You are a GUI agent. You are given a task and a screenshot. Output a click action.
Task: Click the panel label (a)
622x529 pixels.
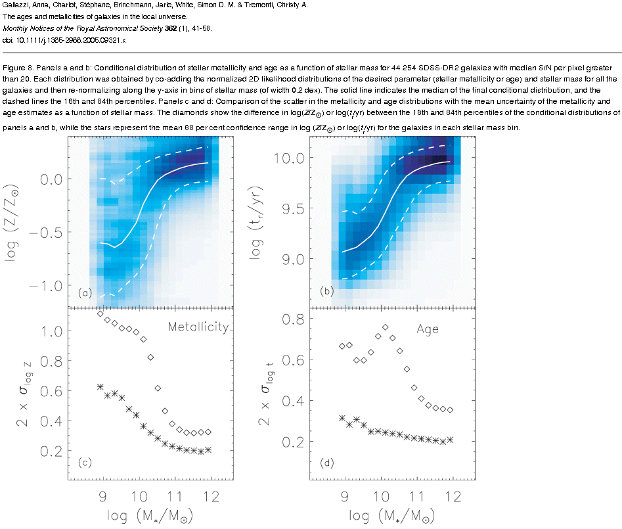coord(84,293)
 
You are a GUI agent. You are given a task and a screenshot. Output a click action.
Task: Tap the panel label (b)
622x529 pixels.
coord(326,290)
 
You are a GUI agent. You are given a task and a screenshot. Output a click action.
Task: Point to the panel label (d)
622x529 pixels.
coord(326,463)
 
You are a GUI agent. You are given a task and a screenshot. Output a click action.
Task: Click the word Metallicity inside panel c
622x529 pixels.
coord(198,327)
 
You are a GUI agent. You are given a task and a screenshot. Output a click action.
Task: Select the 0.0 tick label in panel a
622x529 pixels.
coord(49,179)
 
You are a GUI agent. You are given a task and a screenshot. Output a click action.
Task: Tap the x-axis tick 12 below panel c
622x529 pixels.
coord(210,494)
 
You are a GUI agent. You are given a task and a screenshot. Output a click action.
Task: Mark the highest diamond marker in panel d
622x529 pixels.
coord(386,327)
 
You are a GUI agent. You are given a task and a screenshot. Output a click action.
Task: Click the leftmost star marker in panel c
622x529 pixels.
coord(100,386)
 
